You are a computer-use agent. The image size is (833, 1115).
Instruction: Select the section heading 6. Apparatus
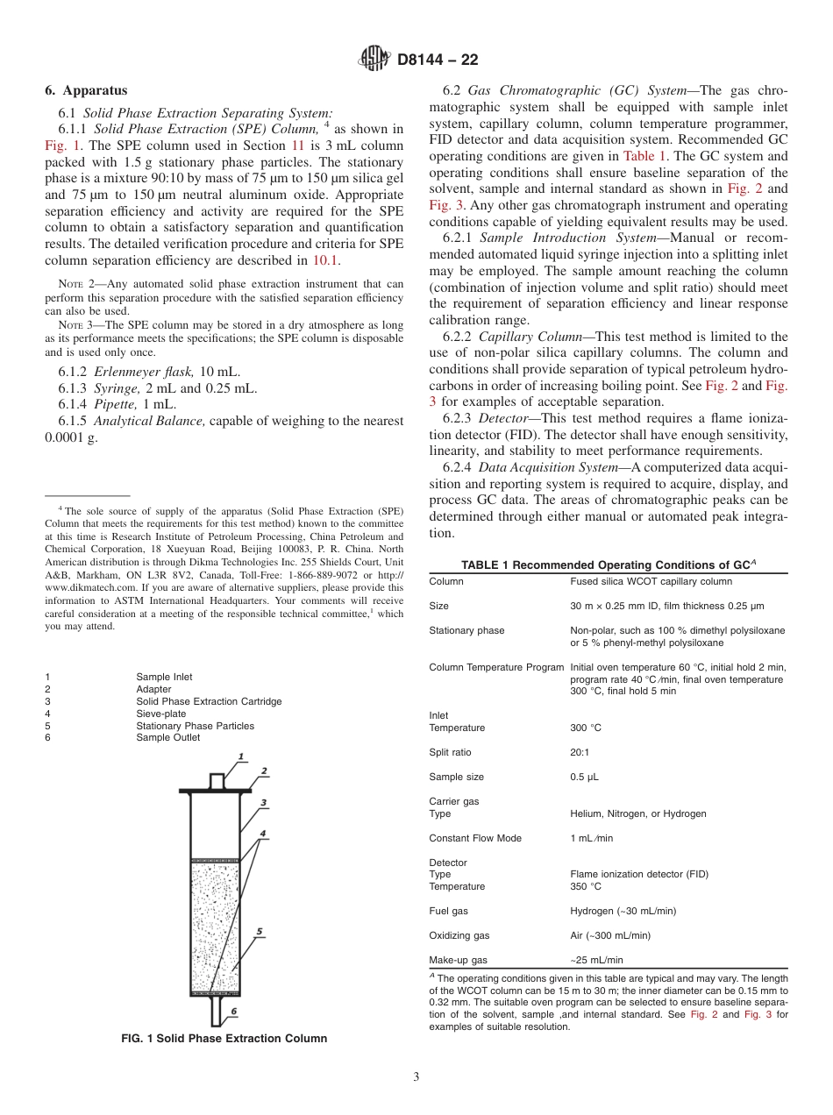coord(86,90)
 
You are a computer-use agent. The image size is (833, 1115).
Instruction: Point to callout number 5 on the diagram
coord(259,931)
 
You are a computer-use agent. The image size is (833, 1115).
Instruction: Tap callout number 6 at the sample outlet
coord(234,1011)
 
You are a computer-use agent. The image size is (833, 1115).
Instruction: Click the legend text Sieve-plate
coord(161,714)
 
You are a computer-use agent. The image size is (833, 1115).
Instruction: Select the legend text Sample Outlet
coord(167,738)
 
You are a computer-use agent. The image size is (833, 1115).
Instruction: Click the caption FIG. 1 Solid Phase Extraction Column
coord(224,1039)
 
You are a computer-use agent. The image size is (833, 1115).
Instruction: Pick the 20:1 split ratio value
coord(582,752)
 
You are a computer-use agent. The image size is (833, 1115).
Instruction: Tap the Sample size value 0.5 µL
coord(585,777)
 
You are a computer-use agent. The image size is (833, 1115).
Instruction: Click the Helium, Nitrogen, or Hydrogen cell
coord(637,813)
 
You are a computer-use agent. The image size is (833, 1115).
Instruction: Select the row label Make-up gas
coord(458,960)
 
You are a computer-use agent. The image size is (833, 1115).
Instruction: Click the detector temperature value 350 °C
coord(586,886)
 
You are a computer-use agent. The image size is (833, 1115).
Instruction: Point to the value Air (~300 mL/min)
coord(610,935)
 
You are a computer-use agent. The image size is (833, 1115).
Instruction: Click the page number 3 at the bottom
coord(416,1077)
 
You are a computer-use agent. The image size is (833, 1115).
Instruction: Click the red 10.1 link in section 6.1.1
coord(326,260)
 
